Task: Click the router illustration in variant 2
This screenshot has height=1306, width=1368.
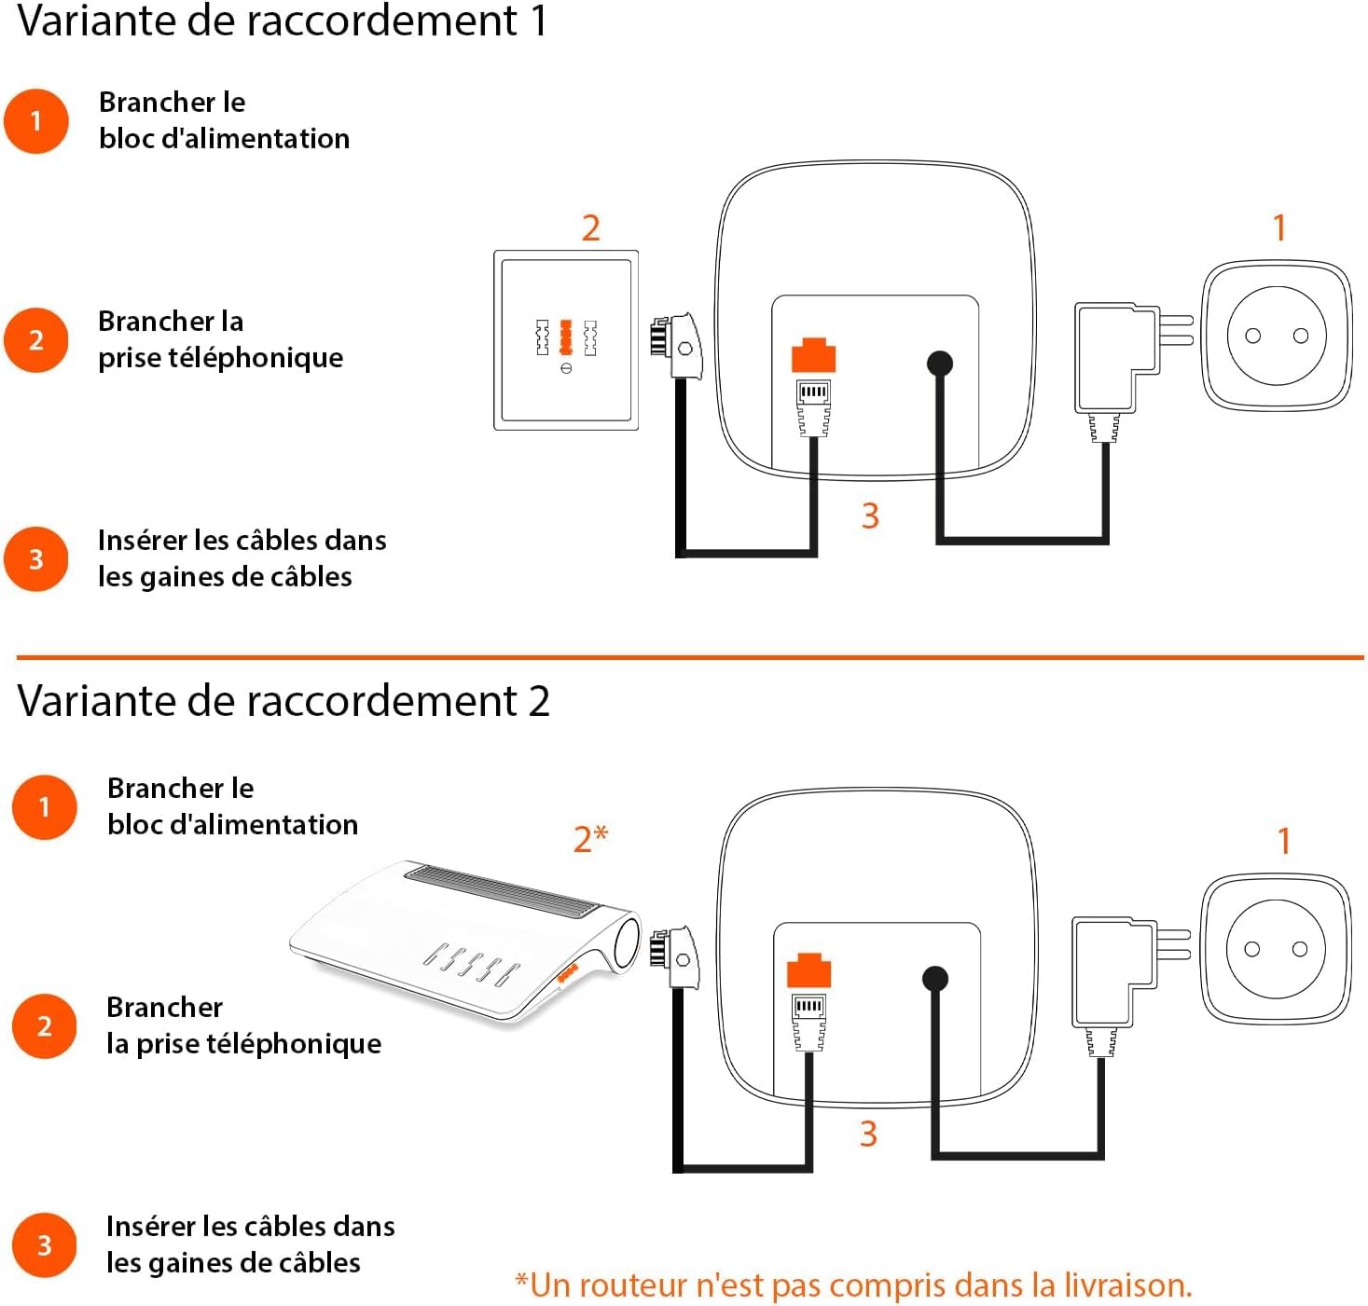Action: (x=466, y=942)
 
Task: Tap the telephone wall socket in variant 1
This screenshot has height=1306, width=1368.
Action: (x=566, y=340)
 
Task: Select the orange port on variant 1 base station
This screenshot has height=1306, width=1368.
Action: (x=813, y=357)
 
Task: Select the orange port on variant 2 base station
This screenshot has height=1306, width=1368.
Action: (x=808, y=970)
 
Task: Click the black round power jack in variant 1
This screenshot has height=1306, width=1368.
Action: (x=940, y=363)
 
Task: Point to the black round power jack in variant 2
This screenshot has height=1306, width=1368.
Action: (x=935, y=978)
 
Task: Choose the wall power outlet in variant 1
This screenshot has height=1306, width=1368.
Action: (x=1277, y=336)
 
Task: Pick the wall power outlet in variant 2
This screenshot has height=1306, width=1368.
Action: (x=1276, y=949)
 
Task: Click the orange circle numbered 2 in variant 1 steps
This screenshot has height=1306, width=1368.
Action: (x=36, y=340)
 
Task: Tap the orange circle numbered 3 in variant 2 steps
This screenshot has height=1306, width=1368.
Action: (x=44, y=1245)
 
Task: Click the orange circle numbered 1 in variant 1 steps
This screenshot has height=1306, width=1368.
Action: (x=36, y=121)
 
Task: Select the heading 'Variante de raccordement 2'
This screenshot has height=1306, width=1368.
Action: (x=283, y=701)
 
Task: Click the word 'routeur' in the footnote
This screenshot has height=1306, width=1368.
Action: (x=610, y=1285)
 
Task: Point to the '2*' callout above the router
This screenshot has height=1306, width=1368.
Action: (x=590, y=839)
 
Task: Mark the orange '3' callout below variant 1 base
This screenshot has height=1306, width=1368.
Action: (x=870, y=516)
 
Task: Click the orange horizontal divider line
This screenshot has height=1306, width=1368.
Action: (x=690, y=657)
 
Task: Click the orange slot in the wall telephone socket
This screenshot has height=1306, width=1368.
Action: (x=565, y=337)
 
